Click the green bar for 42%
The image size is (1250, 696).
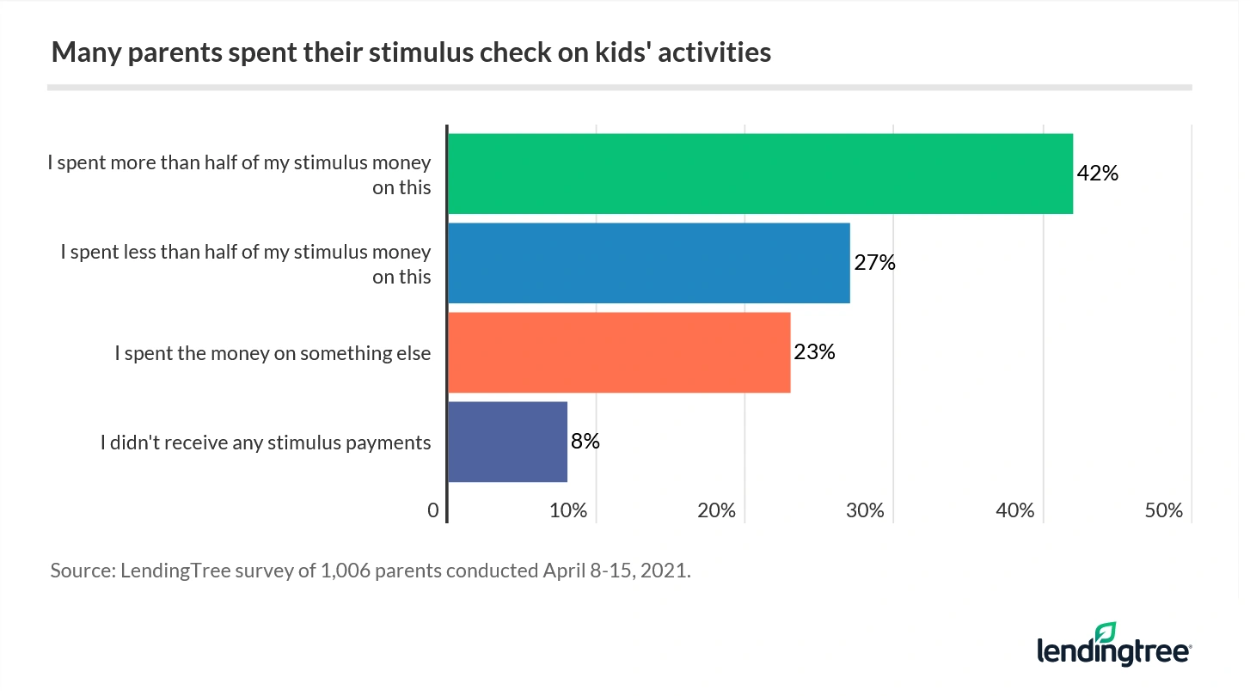(760, 174)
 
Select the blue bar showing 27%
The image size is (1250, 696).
(648, 263)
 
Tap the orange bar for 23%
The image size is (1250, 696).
(618, 352)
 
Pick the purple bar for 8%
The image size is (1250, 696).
(507, 442)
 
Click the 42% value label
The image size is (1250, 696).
(1098, 174)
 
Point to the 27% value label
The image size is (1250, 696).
(874, 263)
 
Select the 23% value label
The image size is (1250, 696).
(814, 352)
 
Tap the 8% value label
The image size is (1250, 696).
(585, 442)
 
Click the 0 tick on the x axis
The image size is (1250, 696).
(433, 510)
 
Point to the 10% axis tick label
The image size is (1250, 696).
(568, 510)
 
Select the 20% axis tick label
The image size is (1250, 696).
(717, 510)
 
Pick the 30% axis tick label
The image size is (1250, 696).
(866, 510)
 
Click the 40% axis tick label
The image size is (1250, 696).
(1014, 510)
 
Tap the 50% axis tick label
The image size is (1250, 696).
(1164, 510)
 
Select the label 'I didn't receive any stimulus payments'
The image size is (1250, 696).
(265, 443)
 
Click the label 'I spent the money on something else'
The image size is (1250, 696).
(273, 353)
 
